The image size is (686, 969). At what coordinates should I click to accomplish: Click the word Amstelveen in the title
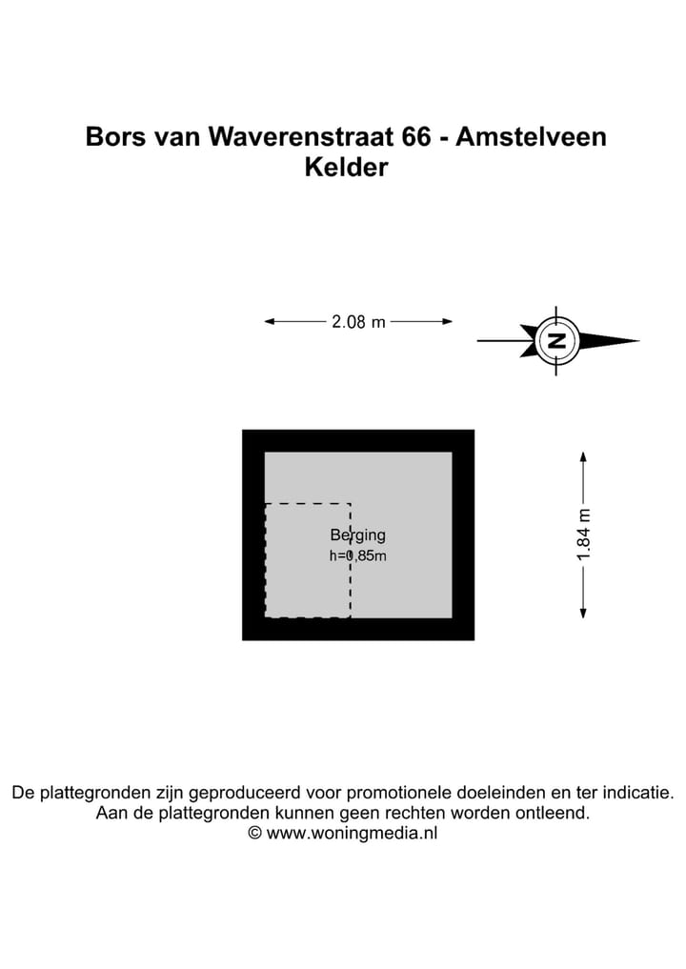click(x=531, y=136)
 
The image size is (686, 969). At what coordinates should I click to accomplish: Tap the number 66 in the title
click(x=416, y=136)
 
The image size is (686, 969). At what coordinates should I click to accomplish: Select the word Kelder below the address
click(x=346, y=168)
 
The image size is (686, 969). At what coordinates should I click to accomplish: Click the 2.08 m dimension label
click(x=358, y=321)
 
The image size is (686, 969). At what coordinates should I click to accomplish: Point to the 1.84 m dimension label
click(x=583, y=535)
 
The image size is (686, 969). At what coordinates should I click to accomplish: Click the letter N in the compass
click(x=556, y=340)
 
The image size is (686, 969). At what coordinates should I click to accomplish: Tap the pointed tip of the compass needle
click(x=639, y=340)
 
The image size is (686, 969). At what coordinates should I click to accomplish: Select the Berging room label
click(x=358, y=535)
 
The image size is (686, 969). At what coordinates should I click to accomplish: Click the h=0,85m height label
click(x=358, y=555)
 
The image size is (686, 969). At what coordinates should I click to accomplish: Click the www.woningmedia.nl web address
click(x=352, y=833)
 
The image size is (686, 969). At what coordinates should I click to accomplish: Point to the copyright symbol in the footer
click(x=254, y=833)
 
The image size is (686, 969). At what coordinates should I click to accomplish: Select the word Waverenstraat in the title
click(x=301, y=136)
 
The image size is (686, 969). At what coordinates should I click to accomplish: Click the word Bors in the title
click(x=116, y=136)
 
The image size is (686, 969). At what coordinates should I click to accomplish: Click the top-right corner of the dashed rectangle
click(x=351, y=504)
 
